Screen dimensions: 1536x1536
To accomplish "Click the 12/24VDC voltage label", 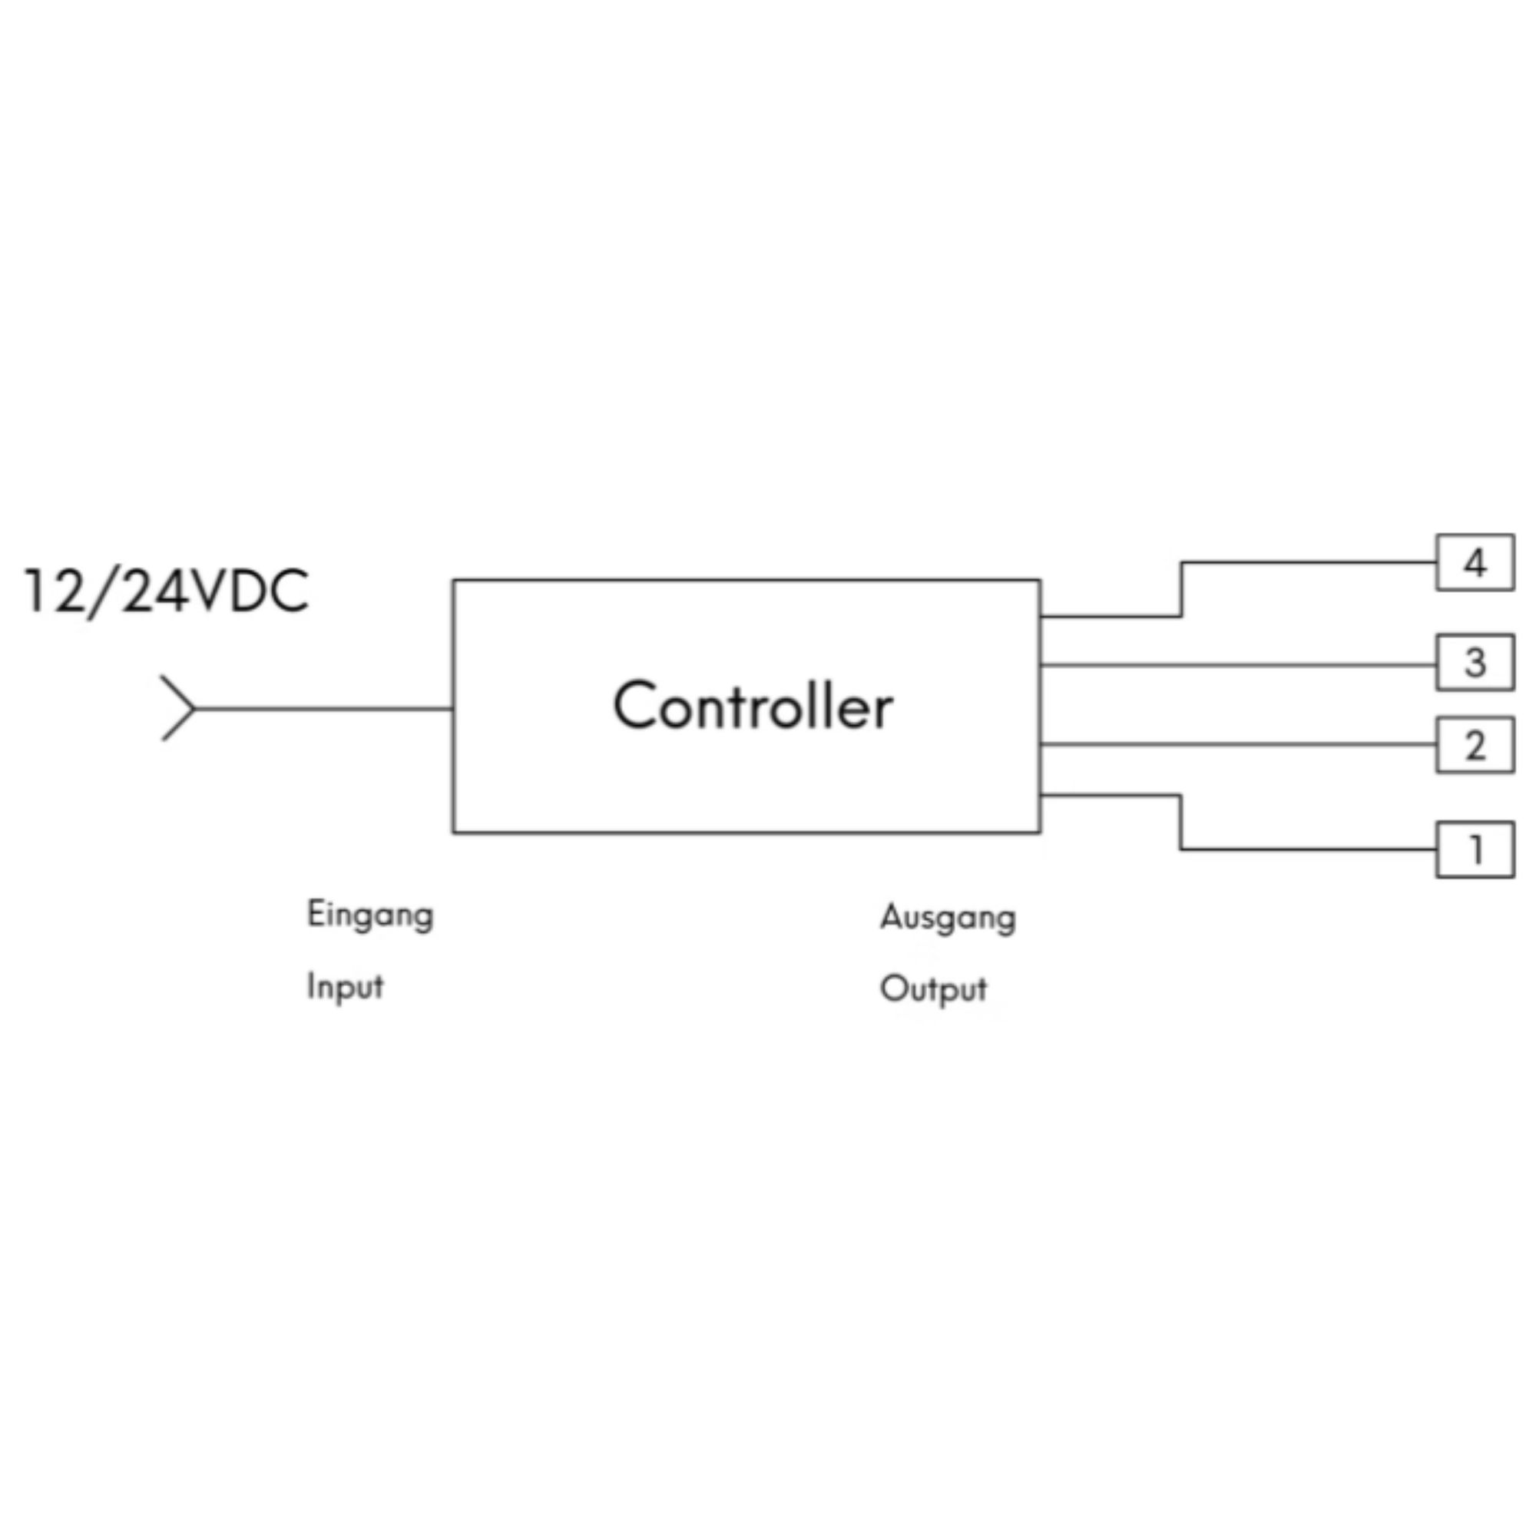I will (166, 591).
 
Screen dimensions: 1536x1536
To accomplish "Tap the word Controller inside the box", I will (752, 706).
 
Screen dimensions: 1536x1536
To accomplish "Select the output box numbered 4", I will (1474, 563).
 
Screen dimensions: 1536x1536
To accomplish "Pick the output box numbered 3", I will (1474, 662).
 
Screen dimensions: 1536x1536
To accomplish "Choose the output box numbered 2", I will (1474, 745).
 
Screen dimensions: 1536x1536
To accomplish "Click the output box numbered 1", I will (1474, 850).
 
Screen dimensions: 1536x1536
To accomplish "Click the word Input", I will (345, 987).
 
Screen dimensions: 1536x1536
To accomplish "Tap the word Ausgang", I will (947, 919).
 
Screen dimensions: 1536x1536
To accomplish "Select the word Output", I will (932, 989).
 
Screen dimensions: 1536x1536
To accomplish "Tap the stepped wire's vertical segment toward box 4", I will (1181, 589).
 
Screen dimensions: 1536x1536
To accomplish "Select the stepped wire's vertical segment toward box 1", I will (1180, 822).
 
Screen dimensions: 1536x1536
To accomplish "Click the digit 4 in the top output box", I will (1475, 563).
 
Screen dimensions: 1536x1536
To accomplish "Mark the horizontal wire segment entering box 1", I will (1309, 850).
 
